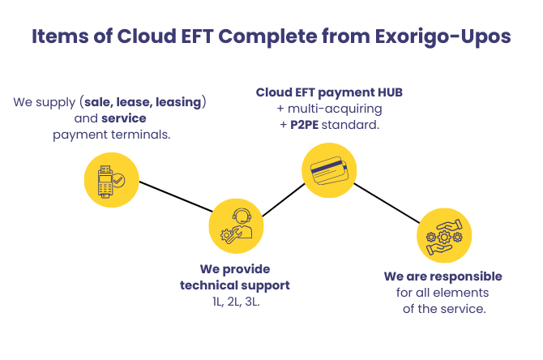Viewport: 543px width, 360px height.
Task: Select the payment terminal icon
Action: [112, 180]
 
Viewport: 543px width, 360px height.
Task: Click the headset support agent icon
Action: [236, 226]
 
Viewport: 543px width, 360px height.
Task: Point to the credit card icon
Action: [329, 170]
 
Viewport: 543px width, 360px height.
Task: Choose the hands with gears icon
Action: [444, 236]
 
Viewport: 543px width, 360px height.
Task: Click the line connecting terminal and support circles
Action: [176, 196]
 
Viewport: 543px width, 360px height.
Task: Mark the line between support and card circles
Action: [284, 200]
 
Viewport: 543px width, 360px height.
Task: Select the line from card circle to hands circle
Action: [387, 203]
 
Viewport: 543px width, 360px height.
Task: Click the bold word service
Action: [124, 118]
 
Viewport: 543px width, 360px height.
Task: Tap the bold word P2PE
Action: [305, 125]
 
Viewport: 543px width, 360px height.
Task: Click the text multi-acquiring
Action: [335, 109]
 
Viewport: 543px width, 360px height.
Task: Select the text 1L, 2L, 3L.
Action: [236, 302]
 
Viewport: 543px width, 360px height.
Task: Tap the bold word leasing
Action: [178, 102]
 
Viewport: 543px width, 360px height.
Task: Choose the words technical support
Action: [235, 286]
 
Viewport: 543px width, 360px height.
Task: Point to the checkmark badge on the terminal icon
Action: [118, 181]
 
